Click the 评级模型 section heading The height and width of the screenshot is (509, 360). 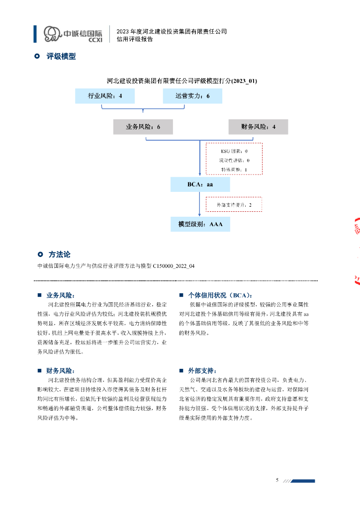coord(61,57)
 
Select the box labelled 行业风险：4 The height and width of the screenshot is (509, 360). coord(105,96)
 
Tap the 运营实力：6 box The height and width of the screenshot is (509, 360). coord(192,96)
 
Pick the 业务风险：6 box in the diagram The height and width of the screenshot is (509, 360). coord(143,127)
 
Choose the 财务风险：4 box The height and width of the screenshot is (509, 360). coord(258,127)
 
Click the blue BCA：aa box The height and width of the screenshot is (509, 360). coord(200,184)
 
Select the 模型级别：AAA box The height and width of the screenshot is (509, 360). coord(200,224)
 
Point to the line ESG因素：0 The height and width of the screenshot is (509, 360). coord(234,151)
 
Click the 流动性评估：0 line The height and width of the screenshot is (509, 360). coord(234,160)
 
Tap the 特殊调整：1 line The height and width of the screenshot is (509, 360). coord(234,170)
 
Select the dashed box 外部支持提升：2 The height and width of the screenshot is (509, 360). coord(234,205)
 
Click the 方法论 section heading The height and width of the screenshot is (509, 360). coord(60,254)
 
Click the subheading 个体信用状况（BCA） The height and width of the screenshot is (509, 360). coord(220,295)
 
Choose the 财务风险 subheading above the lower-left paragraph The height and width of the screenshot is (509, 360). coord(61,371)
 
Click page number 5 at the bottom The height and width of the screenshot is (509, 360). coord(277,480)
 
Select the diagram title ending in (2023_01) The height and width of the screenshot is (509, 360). coord(182,81)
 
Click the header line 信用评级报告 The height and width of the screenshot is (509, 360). coord(135,39)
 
